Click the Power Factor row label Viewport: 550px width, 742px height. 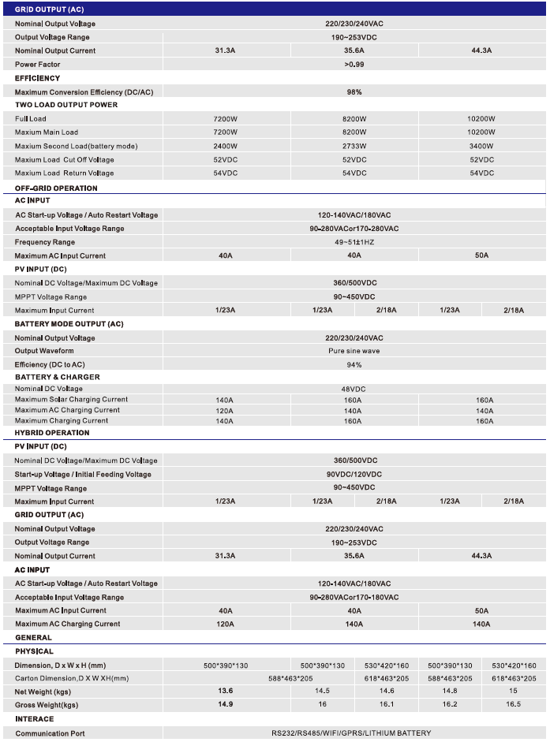pos(37,65)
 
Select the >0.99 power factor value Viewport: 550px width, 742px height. pos(354,65)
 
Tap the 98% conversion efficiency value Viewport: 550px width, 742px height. pos(354,91)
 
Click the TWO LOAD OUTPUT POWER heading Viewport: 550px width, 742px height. pos(66,105)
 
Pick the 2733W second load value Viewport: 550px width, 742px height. pos(354,146)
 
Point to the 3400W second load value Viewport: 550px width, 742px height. pos(481,146)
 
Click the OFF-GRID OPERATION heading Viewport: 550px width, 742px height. pos(56,188)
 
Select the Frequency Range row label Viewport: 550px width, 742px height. pos(45,242)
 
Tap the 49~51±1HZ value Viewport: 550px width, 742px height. pos(354,242)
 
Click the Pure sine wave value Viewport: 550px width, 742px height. pos(354,351)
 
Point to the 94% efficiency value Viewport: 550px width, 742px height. pos(354,364)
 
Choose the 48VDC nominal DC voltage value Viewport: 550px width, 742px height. pos(354,389)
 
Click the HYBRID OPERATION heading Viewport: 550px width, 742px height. pos(52,433)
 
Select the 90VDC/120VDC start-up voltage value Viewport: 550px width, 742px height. pos(354,474)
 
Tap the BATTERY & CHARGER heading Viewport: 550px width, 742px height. pos(58,377)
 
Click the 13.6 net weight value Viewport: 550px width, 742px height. pos(225,691)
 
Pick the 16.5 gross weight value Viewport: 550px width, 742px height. pos(513,704)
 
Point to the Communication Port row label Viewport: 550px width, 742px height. pos(50,733)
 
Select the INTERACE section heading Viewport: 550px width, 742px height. pos(35,719)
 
